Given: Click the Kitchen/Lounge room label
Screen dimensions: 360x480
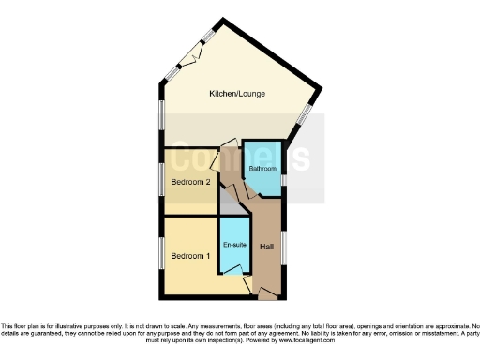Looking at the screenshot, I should (x=234, y=94).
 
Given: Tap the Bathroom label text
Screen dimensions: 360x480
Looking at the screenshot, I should (x=261, y=169).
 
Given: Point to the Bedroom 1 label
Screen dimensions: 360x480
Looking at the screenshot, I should (x=189, y=255).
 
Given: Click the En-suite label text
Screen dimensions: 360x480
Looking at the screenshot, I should (x=233, y=245).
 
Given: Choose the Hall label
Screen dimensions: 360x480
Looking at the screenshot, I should (x=267, y=247).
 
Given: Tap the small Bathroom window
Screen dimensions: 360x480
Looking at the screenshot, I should (x=283, y=178).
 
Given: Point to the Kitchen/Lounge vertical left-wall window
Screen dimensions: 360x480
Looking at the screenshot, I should (x=160, y=115).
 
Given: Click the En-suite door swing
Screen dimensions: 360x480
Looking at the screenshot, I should (x=244, y=277).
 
